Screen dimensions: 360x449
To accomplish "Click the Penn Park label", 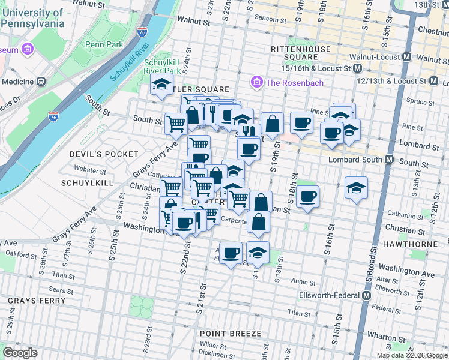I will pyautogui.click(x=103, y=44).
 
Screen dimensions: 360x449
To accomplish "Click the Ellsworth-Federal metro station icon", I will pyautogui.click(x=366, y=296).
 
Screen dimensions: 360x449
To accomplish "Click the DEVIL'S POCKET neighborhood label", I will pyautogui.click(x=104, y=154).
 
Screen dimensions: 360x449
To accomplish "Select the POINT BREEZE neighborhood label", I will pyautogui.click(x=231, y=333).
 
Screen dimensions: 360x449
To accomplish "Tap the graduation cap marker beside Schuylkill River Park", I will pyautogui.click(x=161, y=85).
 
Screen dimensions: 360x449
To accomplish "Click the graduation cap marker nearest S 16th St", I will pyautogui.click(x=356, y=187).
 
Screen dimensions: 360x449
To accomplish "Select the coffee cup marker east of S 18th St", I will pyautogui.click(x=307, y=196).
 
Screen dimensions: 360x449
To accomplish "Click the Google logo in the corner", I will pyautogui.click(x=20, y=352).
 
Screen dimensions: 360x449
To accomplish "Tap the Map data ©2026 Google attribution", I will pyautogui.click(x=412, y=355).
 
